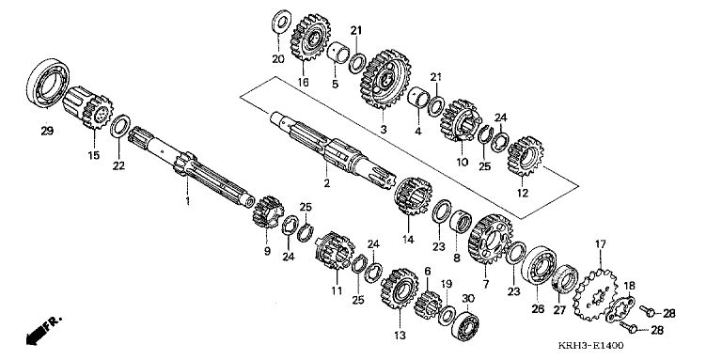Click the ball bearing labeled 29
[x=48, y=83]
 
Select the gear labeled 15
[x=88, y=107]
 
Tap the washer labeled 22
[x=120, y=126]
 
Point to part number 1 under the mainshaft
[x=187, y=201]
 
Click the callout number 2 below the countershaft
[x=326, y=183]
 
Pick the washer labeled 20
[x=281, y=22]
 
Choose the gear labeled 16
[x=310, y=38]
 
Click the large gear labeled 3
[x=385, y=79]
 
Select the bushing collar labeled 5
[x=337, y=53]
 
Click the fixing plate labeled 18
[x=620, y=310]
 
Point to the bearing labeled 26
[x=539, y=266]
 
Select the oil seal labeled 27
[x=564, y=279]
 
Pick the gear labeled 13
[x=400, y=290]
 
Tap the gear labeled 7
[x=490, y=239]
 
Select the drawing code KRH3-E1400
[x=591, y=346]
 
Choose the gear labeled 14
[x=413, y=196]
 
